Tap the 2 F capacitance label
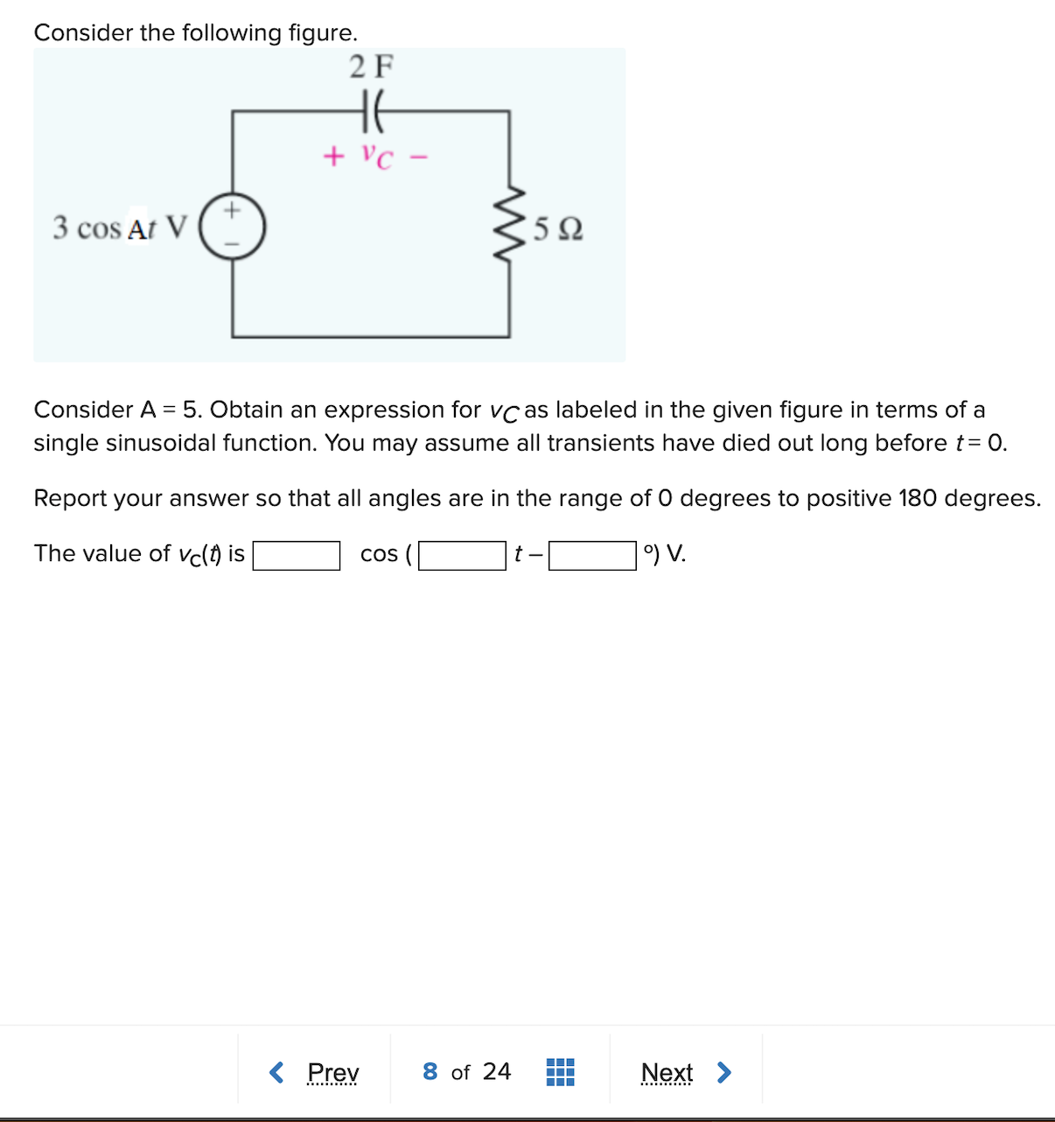pos(371,67)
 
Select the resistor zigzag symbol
pos(510,226)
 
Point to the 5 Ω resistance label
pos(557,229)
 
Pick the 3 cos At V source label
pos(119,228)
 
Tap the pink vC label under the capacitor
pos(377,157)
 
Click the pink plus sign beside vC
pos(333,157)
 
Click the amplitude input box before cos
pos(297,555)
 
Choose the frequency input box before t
pos(462,555)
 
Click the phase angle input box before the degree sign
pos(592,555)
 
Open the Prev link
pos(333,1072)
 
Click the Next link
pos(667,1072)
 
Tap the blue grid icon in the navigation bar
pos(560,1071)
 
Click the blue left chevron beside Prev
pos(276,1072)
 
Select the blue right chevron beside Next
pos(723,1072)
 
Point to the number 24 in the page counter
pos(496,1071)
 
